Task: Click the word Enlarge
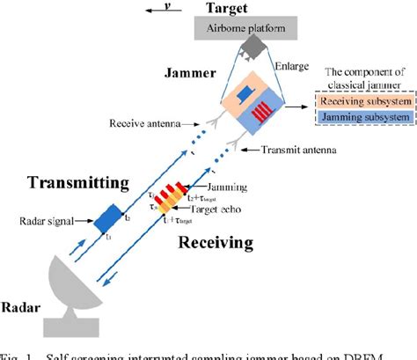(290, 66)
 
